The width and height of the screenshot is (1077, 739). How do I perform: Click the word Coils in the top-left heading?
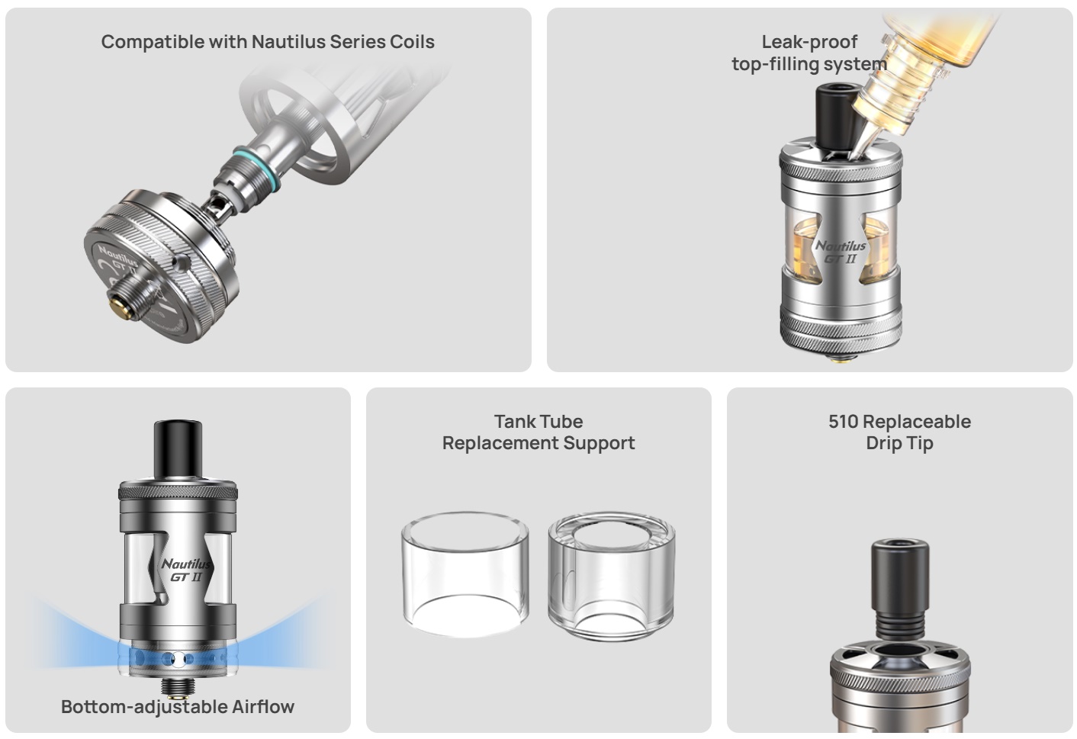tap(412, 42)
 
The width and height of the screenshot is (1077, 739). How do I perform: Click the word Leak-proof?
tap(809, 42)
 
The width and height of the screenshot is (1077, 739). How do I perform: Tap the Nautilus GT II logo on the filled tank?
tap(840, 252)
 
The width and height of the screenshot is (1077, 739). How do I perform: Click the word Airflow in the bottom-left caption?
tap(263, 706)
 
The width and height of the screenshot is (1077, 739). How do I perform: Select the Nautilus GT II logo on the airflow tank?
tap(185, 570)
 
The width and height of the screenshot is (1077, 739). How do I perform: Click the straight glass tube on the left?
tap(465, 575)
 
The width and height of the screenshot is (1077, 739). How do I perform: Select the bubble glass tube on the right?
tap(612, 577)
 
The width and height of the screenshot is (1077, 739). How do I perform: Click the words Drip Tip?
tap(899, 443)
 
